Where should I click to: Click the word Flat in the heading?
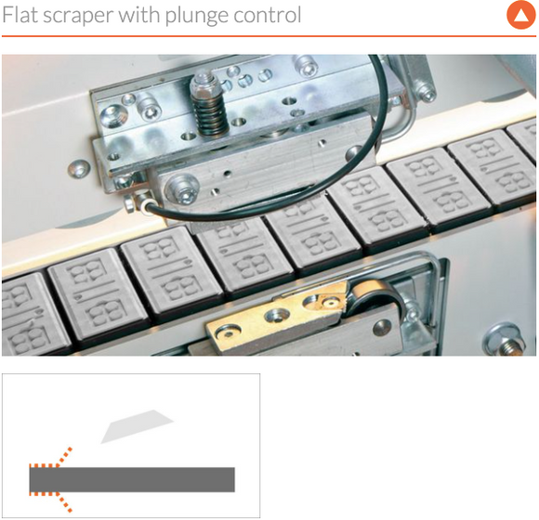click(x=20, y=15)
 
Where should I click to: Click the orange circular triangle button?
click(x=520, y=15)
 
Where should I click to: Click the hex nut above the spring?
click(x=203, y=84)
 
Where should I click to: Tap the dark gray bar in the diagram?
click(x=132, y=479)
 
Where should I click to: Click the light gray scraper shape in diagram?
click(x=137, y=426)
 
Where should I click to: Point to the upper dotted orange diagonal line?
click(x=64, y=457)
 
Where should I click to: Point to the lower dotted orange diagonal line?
click(x=64, y=502)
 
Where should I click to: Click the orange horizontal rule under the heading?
click(x=269, y=35)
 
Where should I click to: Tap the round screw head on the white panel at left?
click(x=79, y=168)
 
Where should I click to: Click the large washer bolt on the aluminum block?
click(x=182, y=188)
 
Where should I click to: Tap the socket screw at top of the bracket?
click(x=306, y=65)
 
